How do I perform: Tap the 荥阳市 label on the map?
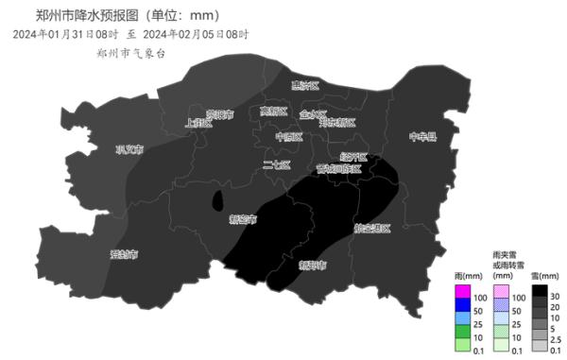[x=218, y=114]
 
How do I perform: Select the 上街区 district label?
[x=198, y=123]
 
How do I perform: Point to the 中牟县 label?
[x=422, y=137]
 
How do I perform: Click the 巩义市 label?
[x=129, y=148]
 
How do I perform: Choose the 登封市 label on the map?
[x=124, y=254]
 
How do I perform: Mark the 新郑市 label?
[x=312, y=266]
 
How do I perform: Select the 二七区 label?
[x=277, y=165]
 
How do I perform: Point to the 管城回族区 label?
[x=337, y=168]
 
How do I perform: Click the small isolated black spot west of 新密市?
[x=217, y=200]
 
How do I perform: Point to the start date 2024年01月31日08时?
[x=65, y=35]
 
